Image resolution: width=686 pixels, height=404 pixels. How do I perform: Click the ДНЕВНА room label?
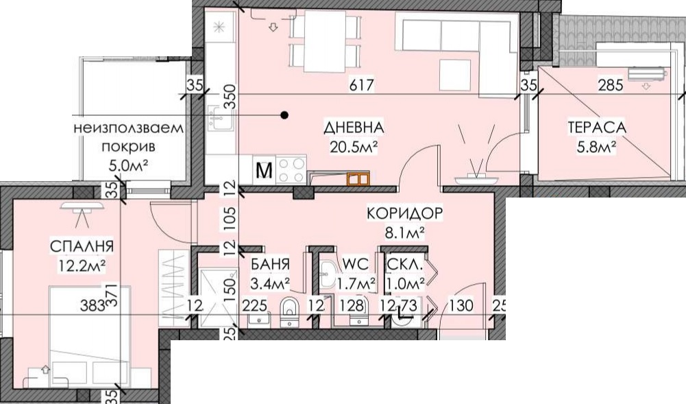(354, 128)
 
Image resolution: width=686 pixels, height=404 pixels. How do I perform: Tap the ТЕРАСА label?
(597, 128)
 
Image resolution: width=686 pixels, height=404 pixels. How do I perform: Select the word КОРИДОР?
(405, 213)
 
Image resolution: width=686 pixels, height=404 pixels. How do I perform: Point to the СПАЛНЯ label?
(82, 246)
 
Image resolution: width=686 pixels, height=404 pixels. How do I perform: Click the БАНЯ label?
(270, 264)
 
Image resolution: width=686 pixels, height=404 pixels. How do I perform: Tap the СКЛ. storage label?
(405, 264)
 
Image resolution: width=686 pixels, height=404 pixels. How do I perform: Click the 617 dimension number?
(362, 84)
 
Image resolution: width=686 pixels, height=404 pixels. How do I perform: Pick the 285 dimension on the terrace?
(611, 84)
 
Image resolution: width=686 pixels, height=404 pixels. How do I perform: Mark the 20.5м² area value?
(354, 147)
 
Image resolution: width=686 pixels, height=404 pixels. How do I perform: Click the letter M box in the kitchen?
(264, 170)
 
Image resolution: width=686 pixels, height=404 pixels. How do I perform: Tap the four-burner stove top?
(291, 170)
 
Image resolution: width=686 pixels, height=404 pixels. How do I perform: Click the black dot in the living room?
(284, 115)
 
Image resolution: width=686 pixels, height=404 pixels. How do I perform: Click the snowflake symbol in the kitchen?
(219, 27)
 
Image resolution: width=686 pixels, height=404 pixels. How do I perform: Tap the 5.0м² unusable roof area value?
(127, 165)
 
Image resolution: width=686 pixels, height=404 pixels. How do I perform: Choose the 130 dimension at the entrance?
(461, 305)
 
